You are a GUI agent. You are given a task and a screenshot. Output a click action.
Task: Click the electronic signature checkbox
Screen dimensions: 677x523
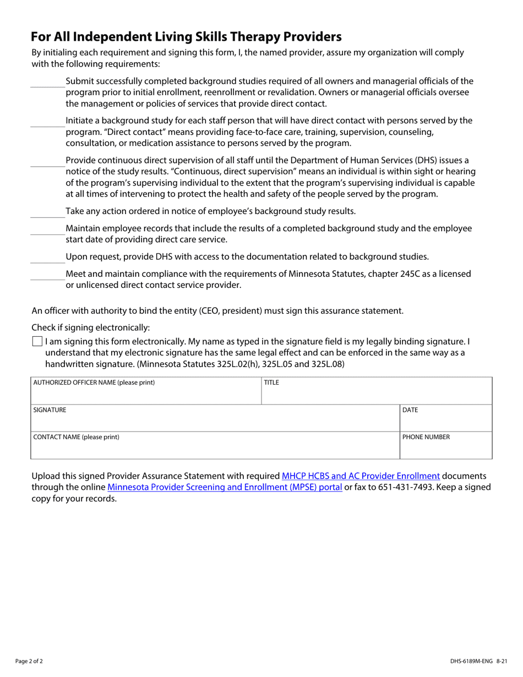(x=37, y=341)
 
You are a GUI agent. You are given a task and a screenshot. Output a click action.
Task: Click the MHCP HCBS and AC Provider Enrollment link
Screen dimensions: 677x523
(x=361, y=476)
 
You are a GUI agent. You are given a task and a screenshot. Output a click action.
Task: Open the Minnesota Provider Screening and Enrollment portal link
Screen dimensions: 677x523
(x=225, y=487)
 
